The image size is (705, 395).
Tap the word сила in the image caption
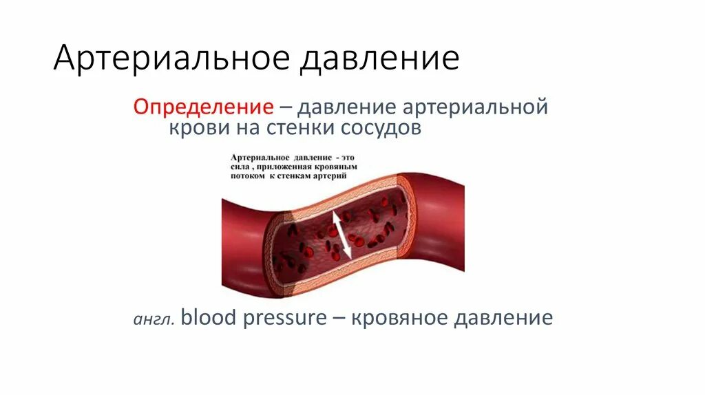(241, 167)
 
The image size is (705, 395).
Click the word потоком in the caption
(249, 176)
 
